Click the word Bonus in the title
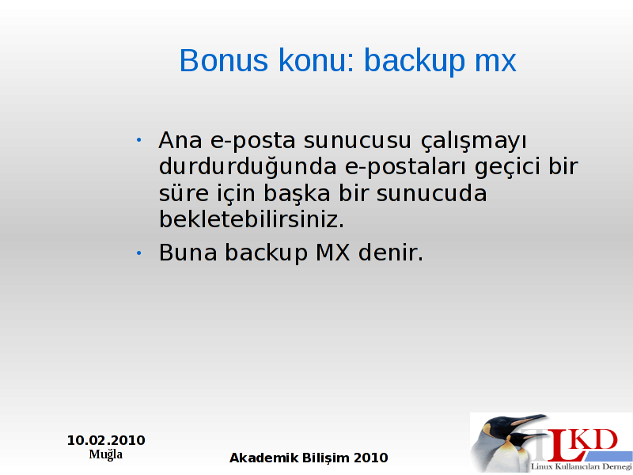pyautogui.click(x=223, y=60)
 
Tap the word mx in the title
pyautogui.click(x=495, y=61)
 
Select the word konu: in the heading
pyautogui.click(x=316, y=60)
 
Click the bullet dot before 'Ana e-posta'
pyautogui.click(x=139, y=140)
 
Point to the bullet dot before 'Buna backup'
pyautogui.click(x=139, y=253)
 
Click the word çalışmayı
pyautogui.click(x=473, y=142)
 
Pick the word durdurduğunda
pyautogui.click(x=248, y=167)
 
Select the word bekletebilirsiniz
pyautogui.click(x=252, y=219)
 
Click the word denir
pyautogui.click(x=391, y=253)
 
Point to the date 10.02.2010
pyautogui.click(x=106, y=440)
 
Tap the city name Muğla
pyautogui.click(x=106, y=454)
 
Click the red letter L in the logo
pyautogui.click(x=563, y=447)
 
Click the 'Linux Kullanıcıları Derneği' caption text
pyautogui.click(x=582, y=467)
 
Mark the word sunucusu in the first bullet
pyautogui.click(x=358, y=141)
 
